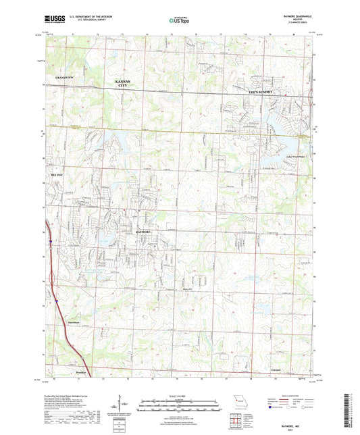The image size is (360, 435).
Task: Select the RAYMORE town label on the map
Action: coord(147,232)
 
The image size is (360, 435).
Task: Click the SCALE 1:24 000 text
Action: coord(180,395)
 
